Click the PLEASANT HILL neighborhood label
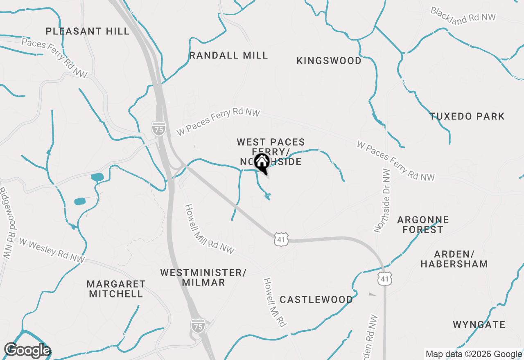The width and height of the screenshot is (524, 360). (x=88, y=31)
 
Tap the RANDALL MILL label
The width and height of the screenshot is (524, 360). (x=228, y=55)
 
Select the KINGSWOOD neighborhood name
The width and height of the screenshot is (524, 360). (x=329, y=61)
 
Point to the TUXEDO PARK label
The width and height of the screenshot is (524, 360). (x=467, y=116)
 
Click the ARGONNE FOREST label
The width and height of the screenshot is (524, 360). (x=423, y=225)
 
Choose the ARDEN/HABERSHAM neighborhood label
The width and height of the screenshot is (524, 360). (x=454, y=259)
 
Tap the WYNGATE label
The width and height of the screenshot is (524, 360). (x=479, y=325)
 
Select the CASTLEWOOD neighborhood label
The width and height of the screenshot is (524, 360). (x=316, y=299)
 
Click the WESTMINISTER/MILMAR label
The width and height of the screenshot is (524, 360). (x=203, y=277)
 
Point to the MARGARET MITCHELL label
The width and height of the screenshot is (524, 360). (x=116, y=288)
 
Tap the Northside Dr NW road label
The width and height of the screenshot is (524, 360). (x=382, y=200)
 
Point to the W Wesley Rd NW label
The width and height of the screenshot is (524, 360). (x=52, y=250)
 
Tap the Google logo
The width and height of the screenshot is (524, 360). (x=27, y=351)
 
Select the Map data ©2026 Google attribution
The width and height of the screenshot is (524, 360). (x=474, y=354)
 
